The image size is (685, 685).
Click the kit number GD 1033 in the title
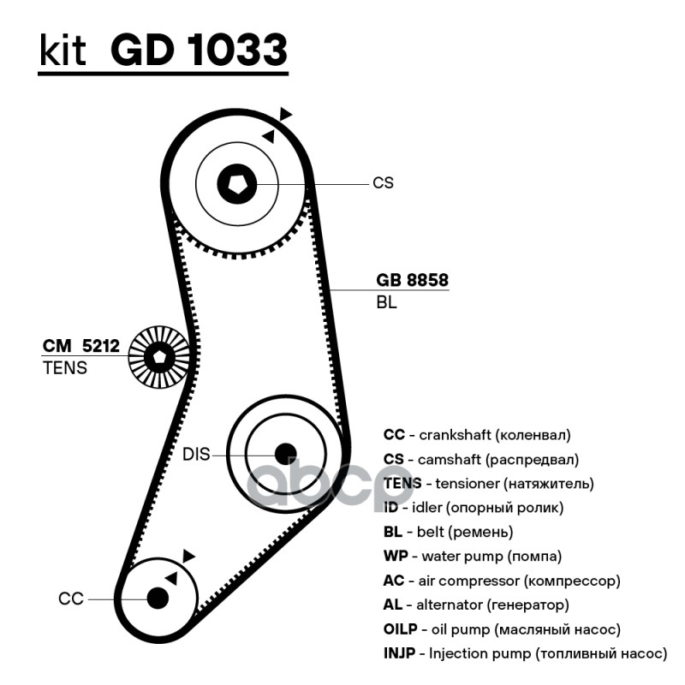(198, 51)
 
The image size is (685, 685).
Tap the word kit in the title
(63, 51)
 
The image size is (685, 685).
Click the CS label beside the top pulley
(383, 182)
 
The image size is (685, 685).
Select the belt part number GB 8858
(412, 281)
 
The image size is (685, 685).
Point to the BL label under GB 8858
(386, 302)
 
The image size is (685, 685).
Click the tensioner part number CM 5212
(81, 347)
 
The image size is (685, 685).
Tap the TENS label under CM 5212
(64, 368)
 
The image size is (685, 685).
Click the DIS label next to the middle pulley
(196, 455)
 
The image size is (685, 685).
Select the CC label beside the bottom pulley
(71, 599)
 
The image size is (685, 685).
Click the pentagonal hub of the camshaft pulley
(237, 182)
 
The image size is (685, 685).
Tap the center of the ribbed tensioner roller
(159, 357)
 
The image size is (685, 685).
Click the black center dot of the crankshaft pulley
(158, 597)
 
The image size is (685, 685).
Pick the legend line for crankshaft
(476, 435)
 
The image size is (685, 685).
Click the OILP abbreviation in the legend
(401, 629)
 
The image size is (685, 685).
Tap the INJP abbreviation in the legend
(400, 654)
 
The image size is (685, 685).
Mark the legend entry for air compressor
(501, 581)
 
